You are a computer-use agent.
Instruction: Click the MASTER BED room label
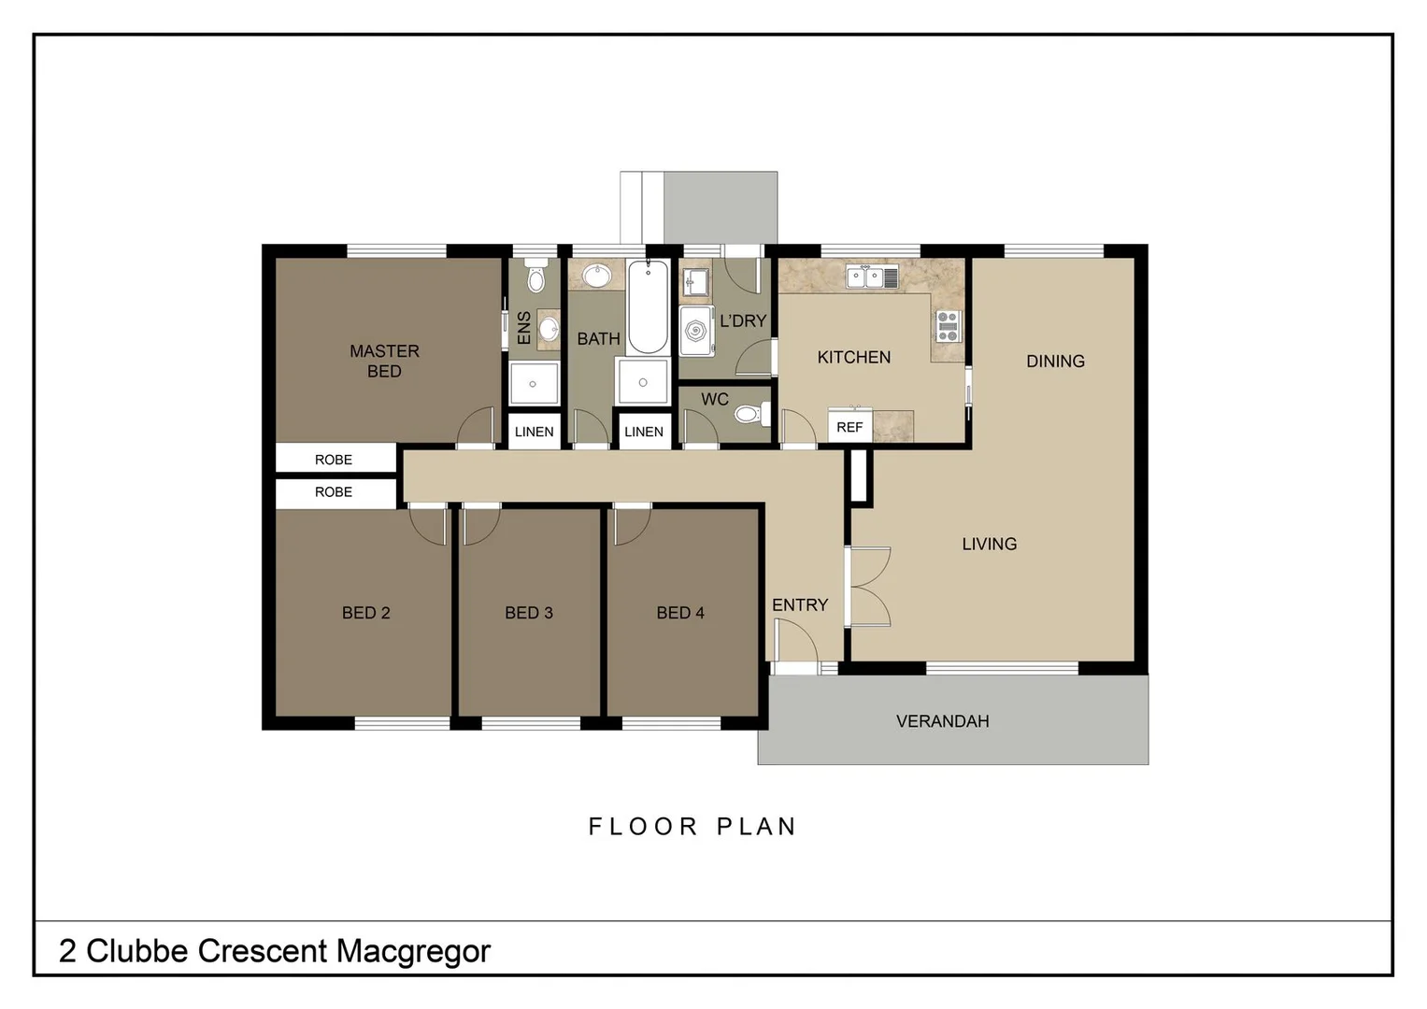coord(384,361)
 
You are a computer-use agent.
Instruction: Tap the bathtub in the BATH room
coord(648,306)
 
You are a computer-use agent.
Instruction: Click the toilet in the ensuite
coord(535,278)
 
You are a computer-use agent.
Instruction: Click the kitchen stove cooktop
coord(947,325)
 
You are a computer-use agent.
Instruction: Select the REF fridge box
coord(849,427)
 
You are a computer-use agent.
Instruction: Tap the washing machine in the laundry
coord(696,331)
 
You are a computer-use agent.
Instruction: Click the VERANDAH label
coord(942,721)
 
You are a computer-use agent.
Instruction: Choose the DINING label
coord(1055,362)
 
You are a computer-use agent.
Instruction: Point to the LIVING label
coord(989,544)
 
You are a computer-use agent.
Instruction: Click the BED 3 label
coord(529,613)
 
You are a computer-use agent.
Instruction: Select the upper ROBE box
coord(334,460)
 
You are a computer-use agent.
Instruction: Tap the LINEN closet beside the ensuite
coord(534,432)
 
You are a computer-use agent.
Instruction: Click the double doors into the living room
coord(867,587)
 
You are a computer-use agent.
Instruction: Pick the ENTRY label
coord(800,605)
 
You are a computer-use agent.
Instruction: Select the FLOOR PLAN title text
coord(692,827)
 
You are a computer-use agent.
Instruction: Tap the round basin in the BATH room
coord(596,276)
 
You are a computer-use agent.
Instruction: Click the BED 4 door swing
coord(630,525)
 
